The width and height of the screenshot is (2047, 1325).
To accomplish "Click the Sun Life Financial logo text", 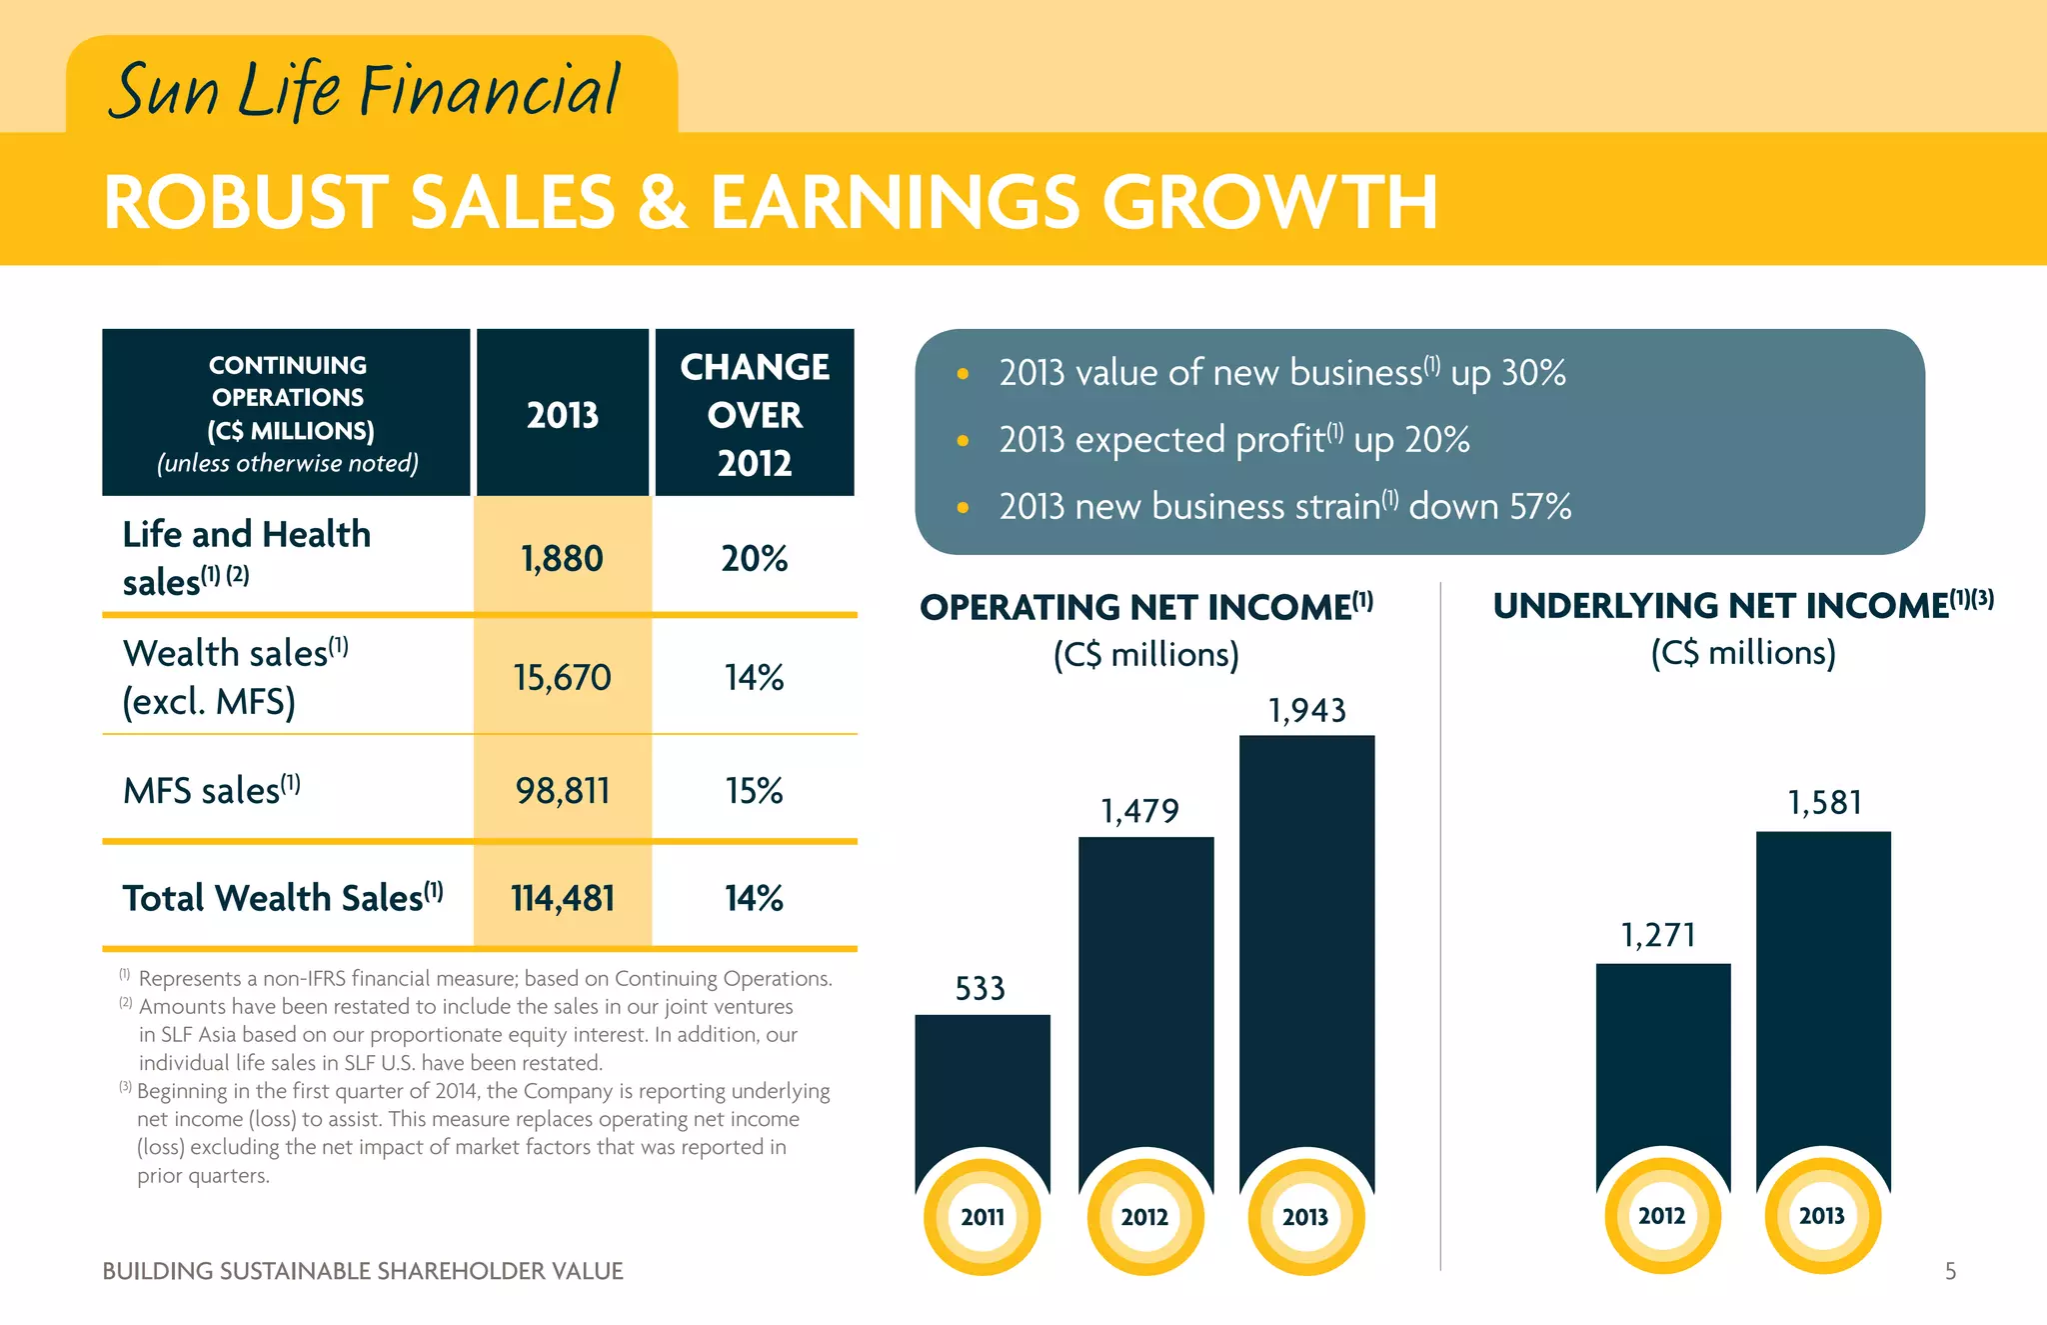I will [x=365, y=90].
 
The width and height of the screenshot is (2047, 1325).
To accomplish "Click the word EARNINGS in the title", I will [x=895, y=203].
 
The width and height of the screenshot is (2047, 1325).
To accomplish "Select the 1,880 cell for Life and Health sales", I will [x=562, y=558].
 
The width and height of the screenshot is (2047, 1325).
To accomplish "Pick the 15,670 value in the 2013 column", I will [x=562, y=678].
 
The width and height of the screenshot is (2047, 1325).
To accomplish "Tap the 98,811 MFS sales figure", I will [x=562, y=791].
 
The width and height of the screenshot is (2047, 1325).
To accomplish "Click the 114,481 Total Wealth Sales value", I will [x=562, y=898].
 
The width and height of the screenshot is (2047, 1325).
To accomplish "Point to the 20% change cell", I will [x=755, y=558].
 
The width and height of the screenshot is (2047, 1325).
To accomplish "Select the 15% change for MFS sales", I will [x=755, y=791].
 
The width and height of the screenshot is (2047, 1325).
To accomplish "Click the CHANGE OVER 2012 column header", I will [x=755, y=414].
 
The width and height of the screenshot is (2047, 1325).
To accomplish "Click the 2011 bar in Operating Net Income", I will [x=983, y=1090].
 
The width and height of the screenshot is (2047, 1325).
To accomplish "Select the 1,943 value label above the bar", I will [x=1306, y=711].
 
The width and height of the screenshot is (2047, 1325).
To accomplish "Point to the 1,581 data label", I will [x=1824, y=803].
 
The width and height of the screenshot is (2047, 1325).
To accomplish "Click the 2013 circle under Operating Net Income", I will [x=1305, y=1217].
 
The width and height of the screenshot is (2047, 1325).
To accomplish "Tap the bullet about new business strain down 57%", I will [x=1284, y=507].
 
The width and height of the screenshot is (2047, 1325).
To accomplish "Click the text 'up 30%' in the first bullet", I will [x=1508, y=373].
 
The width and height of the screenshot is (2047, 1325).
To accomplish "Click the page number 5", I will [x=1950, y=1271].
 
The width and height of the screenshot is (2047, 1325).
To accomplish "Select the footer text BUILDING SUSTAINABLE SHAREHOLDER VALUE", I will [x=363, y=1271].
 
